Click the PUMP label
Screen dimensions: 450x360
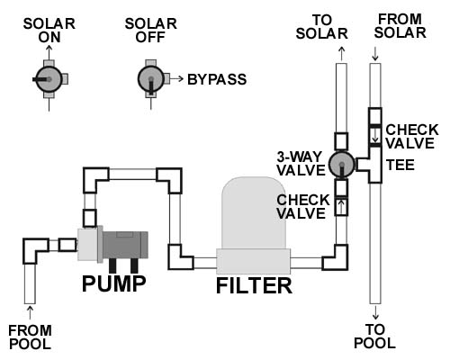click(114, 283)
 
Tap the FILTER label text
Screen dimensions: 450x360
click(254, 285)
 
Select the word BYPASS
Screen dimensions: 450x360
click(217, 79)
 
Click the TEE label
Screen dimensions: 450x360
click(400, 165)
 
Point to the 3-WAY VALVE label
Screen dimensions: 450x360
click(301, 164)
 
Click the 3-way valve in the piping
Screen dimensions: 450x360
click(342, 164)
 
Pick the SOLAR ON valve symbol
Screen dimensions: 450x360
click(49, 79)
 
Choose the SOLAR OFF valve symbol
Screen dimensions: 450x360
click(151, 79)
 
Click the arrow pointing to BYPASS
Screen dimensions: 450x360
click(177, 79)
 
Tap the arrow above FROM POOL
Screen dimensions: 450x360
click(30, 312)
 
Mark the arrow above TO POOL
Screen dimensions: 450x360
click(375, 312)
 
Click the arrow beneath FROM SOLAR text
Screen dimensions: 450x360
click(375, 54)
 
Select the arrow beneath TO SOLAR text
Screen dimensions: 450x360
click(342, 54)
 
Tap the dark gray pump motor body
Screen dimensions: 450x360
click(125, 245)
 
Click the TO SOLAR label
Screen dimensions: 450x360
click(321, 27)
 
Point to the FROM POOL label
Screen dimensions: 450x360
click(30, 337)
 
